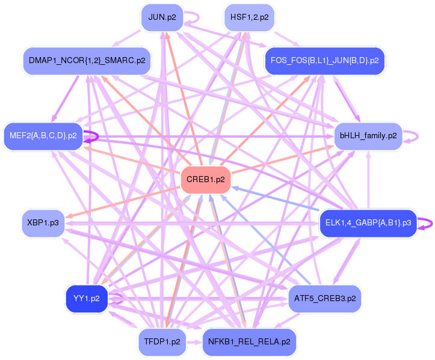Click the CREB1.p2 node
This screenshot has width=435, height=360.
[x=206, y=179]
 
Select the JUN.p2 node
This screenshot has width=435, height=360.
[x=162, y=17]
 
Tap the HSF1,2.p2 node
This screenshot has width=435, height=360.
[x=249, y=17]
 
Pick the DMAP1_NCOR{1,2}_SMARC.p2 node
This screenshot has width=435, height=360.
[x=87, y=61]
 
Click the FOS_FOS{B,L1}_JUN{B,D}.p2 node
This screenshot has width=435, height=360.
[x=324, y=61]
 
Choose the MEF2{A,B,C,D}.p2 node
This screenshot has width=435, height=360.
[x=42, y=136]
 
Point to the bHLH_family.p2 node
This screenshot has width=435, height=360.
[x=368, y=136]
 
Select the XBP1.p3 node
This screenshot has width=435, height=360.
[x=43, y=223]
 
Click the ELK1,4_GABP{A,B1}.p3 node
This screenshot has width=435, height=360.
[x=368, y=223]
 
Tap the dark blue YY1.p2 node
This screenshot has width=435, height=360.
[x=87, y=298]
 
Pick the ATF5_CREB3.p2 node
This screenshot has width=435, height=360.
[x=325, y=298]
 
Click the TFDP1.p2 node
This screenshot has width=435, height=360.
[x=162, y=342]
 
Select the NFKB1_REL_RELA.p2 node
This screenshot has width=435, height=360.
[x=249, y=342]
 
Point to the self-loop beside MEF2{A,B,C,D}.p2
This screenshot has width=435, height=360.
[x=95, y=136]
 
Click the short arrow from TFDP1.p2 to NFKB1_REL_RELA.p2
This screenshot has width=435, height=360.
[x=194, y=342]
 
